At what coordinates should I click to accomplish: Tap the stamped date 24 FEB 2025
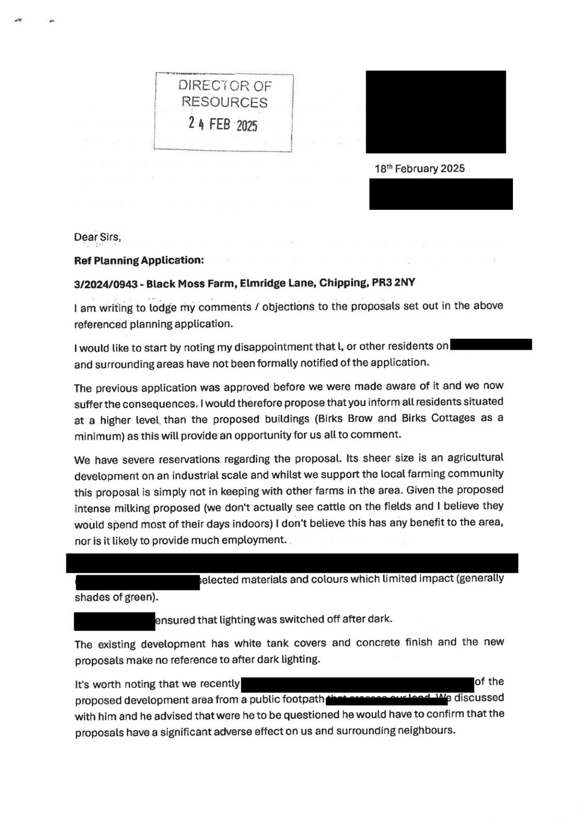(x=223, y=124)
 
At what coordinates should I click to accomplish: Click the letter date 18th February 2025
(x=419, y=169)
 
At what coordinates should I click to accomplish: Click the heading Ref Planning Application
(x=139, y=260)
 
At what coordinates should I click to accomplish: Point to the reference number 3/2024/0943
(x=105, y=284)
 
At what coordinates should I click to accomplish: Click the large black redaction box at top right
(x=436, y=112)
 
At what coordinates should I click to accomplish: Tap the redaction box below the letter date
(x=441, y=194)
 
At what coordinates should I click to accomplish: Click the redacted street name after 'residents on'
(x=491, y=344)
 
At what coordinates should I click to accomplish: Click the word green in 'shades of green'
(x=142, y=597)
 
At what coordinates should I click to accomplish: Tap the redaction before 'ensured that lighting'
(x=114, y=621)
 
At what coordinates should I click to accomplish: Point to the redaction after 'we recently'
(x=357, y=684)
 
